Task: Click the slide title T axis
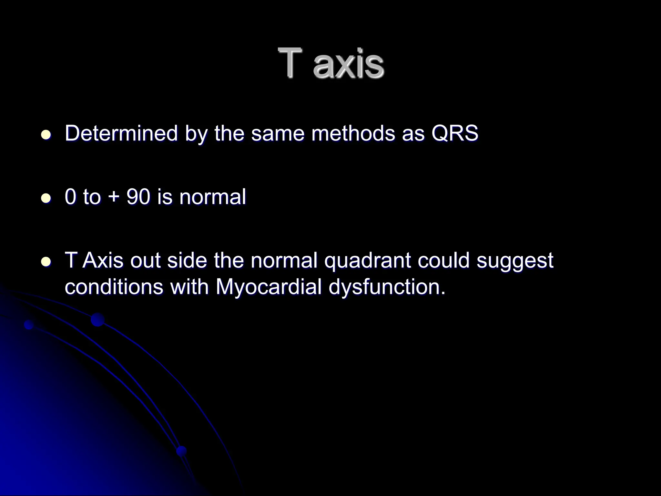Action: coord(331,63)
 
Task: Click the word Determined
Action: coord(121,133)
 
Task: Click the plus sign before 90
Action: coord(113,197)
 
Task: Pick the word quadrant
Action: coord(367,260)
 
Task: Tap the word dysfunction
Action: coord(387,287)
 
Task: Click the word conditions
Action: coord(114,287)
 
